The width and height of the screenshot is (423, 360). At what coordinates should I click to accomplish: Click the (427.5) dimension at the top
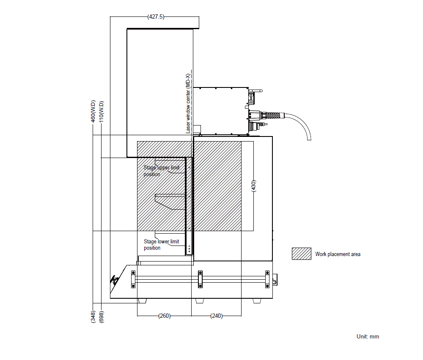pyautogui.click(x=156, y=17)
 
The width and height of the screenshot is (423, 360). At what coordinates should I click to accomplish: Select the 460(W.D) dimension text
pyautogui.click(x=93, y=111)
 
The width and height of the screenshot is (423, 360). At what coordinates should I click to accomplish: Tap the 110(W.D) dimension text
pyautogui.click(x=102, y=112)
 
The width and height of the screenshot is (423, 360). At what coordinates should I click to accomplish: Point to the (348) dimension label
pyautogui.click(x=93, y=316)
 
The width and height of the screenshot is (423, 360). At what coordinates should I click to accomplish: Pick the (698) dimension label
pyautogui.click(x=102, y=316)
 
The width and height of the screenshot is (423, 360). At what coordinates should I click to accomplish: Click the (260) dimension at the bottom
pyautogui.click(x=164, y=316)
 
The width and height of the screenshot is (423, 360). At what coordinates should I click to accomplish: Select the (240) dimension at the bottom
pyautogui.click(x=216, y=316)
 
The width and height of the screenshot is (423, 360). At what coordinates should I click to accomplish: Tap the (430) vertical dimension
pyautogui.click(x=253, y=186)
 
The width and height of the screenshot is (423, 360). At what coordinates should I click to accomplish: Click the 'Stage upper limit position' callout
pyautogui.click(x=161, y=171)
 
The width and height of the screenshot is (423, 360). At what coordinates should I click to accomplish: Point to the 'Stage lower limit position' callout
pyautogui.click(x=161, y=245)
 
